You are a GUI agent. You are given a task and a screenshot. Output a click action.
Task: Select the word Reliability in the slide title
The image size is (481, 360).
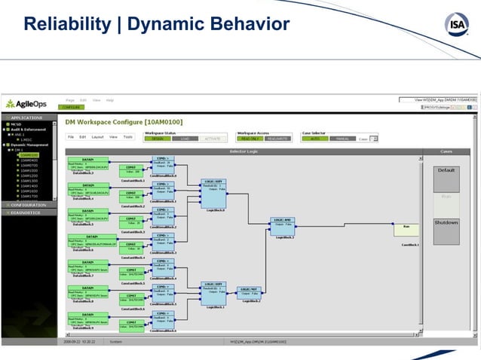[x=63, y=25]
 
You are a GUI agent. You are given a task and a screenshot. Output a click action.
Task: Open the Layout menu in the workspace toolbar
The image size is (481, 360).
[x=97, y=137]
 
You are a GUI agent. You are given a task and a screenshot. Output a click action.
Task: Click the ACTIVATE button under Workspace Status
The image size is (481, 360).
[x=213, y=139]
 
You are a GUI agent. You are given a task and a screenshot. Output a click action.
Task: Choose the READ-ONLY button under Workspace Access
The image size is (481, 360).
[x=251, y=139]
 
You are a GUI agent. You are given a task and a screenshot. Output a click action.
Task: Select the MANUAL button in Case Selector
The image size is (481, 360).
[x=342, y=139]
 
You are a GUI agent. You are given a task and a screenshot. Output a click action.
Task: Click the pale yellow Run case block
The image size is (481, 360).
[x=406, y=227]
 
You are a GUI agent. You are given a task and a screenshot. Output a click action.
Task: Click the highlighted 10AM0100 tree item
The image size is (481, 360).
[x=29, y=155]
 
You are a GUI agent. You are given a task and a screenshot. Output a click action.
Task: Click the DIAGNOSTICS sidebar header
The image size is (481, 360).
[x=28, y=212]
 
